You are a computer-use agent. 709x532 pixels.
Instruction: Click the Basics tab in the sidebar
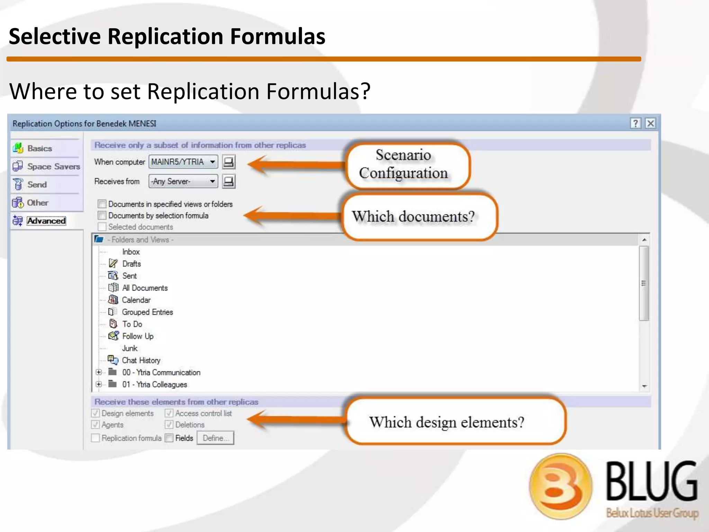[39, 148]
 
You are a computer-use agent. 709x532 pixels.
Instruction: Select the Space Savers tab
[53, 167]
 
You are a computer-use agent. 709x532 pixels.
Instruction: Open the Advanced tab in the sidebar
[46, 221]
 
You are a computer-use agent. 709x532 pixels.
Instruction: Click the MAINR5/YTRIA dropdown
[183, 162]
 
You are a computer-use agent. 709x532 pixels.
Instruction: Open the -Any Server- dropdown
[183, 181]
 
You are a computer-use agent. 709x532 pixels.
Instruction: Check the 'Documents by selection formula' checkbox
[102, 215]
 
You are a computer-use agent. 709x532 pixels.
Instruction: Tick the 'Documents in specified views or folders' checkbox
[102, 204]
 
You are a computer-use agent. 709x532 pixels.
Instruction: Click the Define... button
[215, 438]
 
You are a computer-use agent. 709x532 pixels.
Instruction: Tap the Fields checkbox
[169, 438]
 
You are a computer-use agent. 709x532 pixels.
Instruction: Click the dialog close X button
[650, 123]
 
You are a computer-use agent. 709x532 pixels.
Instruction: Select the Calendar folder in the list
[136, 300]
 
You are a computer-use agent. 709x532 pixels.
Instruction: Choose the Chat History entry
[141, 360]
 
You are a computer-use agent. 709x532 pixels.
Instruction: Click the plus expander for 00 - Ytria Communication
[99, 372]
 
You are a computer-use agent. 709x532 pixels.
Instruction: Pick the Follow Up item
[137, 336]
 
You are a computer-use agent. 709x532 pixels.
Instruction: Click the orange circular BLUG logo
[560, 486]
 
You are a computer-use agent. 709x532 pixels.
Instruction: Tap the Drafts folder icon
[113, 264]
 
